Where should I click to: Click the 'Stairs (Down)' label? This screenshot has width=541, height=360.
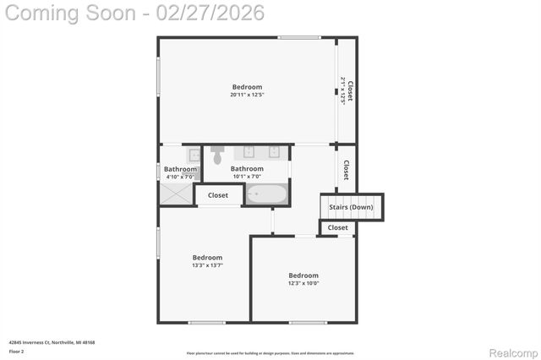pos(351,207)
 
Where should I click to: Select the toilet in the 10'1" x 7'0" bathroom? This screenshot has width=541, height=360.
pos(217,155)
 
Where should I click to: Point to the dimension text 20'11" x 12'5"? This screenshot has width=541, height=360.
pos(247,95)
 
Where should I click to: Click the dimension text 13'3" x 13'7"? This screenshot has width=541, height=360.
pos(207,265)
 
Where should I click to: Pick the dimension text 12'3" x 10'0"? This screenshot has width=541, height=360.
pos(303,283)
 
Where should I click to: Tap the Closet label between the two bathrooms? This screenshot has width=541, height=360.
pos(218,195)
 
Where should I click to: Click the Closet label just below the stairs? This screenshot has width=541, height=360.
pos(337,227)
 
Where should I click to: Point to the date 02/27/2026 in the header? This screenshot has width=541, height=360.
pos(214,13)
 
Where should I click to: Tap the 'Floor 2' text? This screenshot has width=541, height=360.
pos(16,351)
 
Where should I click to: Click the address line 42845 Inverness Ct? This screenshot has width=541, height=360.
pos(52,342)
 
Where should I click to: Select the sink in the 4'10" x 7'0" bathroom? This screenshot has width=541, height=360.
pos(194,155)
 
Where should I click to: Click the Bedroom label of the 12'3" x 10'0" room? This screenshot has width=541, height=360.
pos(303,275)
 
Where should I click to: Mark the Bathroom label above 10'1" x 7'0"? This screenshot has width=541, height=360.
pos(247,169)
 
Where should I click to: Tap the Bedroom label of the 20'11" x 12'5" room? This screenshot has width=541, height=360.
pos(247,86)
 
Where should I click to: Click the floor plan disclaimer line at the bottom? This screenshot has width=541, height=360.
pos(270,352)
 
